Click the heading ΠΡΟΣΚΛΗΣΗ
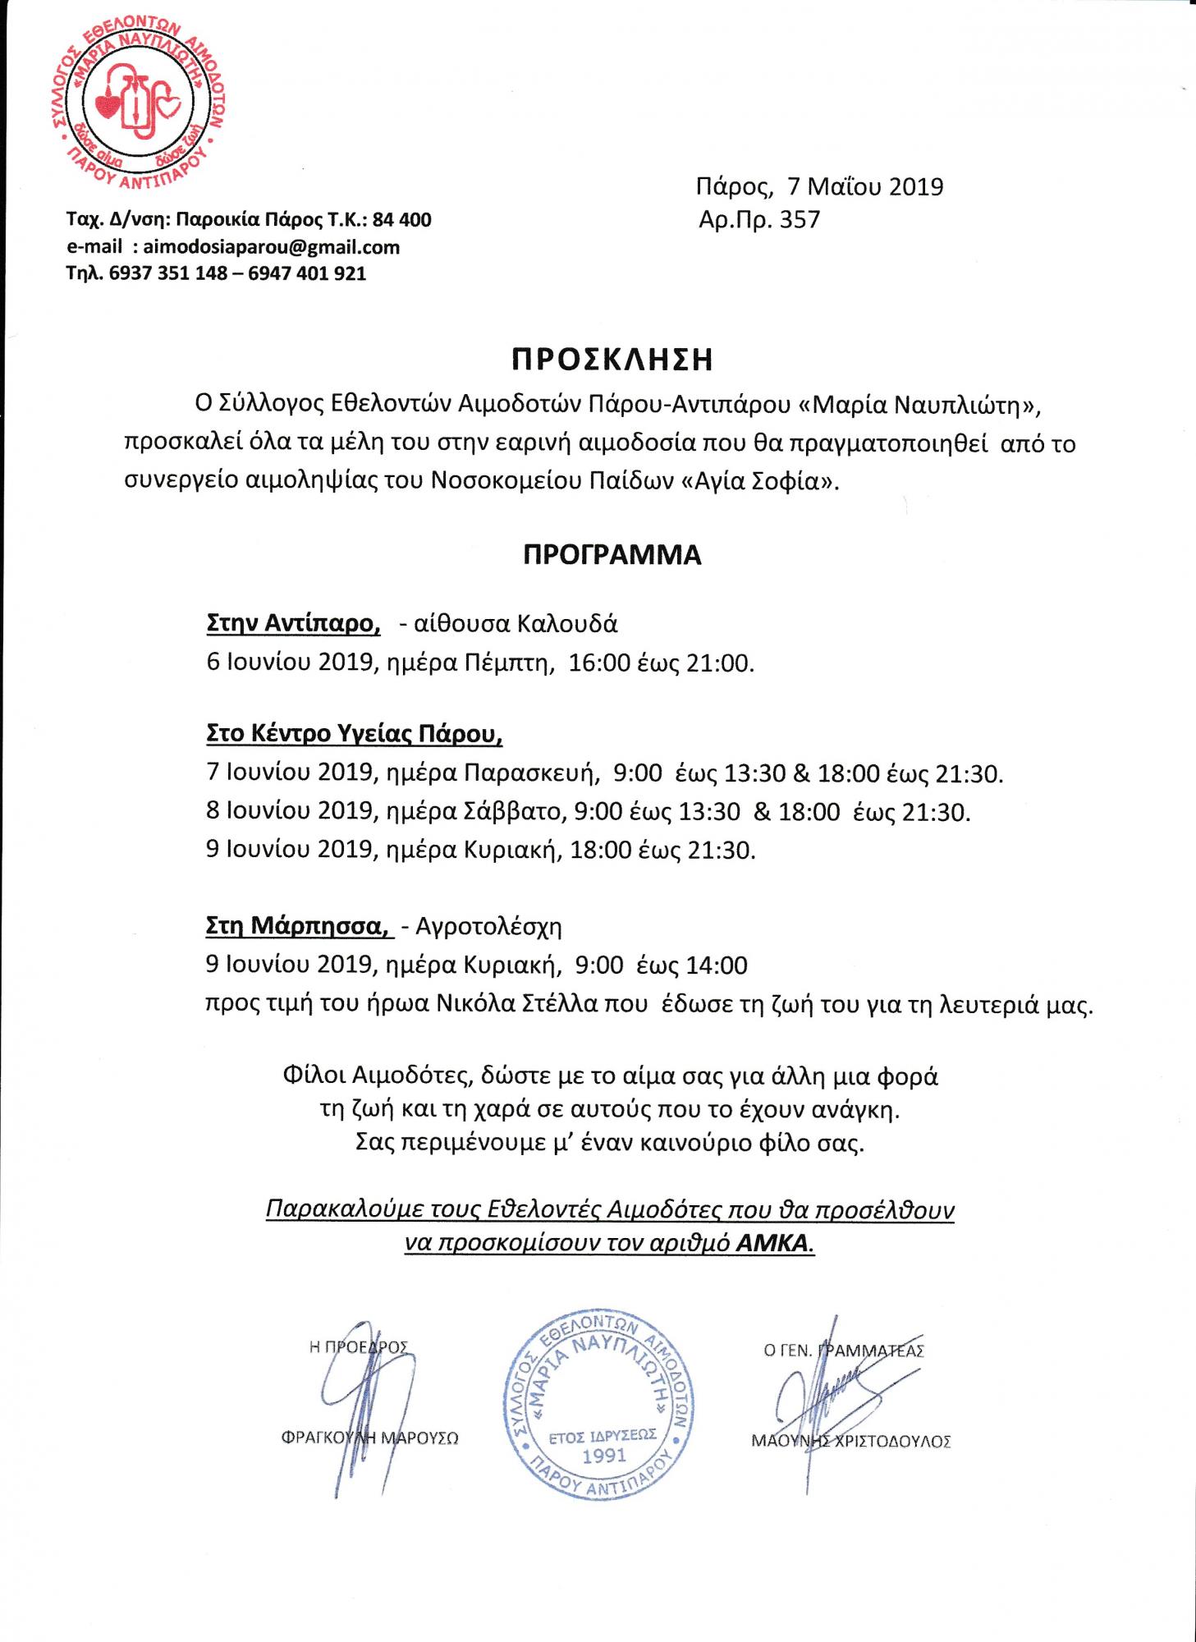(x=612, y=360)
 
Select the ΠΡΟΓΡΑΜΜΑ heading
(x=612, y=556)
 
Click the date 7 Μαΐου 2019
(x=865, y=187)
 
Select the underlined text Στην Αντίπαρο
(x=293, y=624)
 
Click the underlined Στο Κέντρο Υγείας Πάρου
(x=354, y=733)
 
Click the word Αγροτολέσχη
(x=488, y=928)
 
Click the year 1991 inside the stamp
(x=603, y=1455)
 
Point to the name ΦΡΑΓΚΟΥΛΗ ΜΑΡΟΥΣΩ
(x=368, y=1438)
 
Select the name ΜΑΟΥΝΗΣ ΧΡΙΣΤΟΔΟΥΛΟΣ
(x=850, y=1440)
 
